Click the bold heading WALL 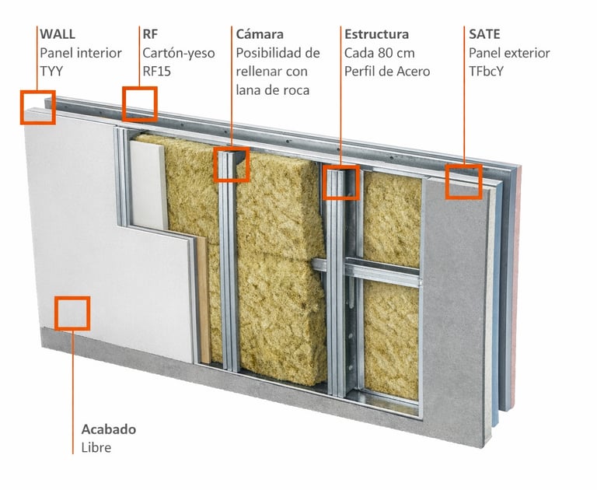pyautogui.click(x=58, y=34)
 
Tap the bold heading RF pyautogui.click(x=150, y=34)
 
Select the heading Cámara pyautogui.click(x=260, y=34)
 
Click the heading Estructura pyautogui.click(x=376, y=34)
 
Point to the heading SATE pyautogui.click(x=484, y=34)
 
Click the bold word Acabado pyautogui.click(x=109, y=429)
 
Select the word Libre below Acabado pyautogui.click(x=96, y=448)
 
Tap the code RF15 pyautogui.click(x=157, y=72)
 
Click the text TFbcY pyautogui.click(x=486, y=72)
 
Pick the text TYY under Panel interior pyautogui.click(x=51, y=72)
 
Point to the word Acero pyautogui.click(x=414, y=72)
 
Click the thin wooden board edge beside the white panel pyautogui.click(x=204, y=299)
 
